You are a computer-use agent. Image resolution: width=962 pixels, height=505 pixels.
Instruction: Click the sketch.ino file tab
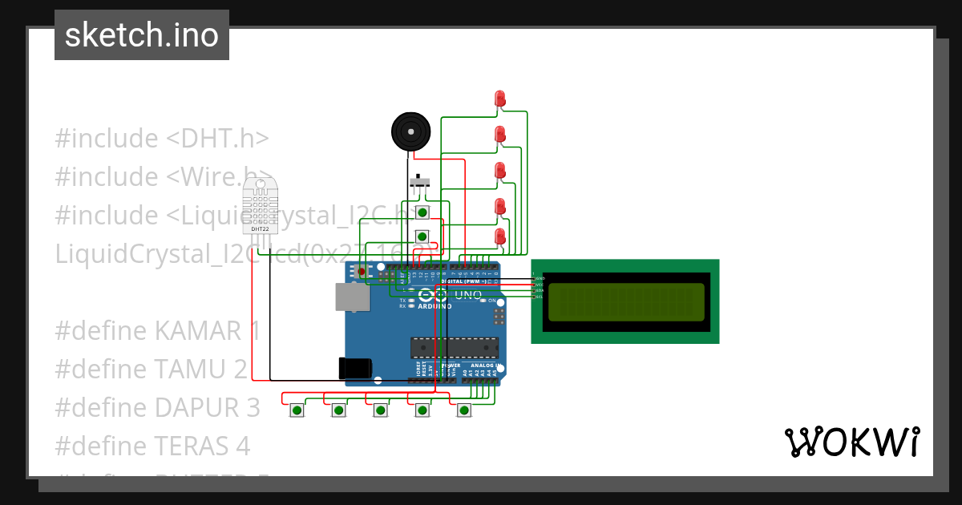click(x=142, y=35)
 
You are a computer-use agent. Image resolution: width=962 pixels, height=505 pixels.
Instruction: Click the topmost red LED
click(x=500, y=99)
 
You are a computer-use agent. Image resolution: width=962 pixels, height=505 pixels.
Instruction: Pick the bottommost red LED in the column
click(x=500, y=237)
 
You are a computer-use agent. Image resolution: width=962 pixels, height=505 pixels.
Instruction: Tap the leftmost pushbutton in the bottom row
click(x=297, y=410)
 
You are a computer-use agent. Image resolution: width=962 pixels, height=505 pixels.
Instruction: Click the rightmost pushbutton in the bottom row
click(x=463, y=410)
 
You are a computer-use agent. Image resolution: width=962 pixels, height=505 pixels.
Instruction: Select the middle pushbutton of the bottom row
click(x=380, y=410)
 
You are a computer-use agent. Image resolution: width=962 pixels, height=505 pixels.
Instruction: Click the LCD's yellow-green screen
click(x=626, y=301)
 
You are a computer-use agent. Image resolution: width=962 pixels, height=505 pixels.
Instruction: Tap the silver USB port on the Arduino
click(x=352, y=297)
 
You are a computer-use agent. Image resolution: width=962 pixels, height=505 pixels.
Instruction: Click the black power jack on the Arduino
click(x=354, y=368)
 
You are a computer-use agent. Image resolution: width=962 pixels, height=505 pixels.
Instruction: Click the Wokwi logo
click(x=851, y=442)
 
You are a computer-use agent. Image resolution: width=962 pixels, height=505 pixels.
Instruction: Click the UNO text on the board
click(x=468, y=295)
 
